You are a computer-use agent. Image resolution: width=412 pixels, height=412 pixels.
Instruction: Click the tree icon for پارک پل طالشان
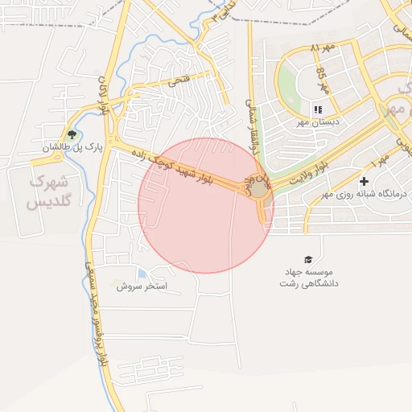click(72, 134)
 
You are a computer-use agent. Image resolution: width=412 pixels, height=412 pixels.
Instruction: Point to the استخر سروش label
click(141, 286)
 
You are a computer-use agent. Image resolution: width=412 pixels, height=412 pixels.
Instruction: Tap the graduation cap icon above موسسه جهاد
click(308, 259)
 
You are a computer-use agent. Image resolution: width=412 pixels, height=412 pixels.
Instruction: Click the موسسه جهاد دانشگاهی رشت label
click(310, 278)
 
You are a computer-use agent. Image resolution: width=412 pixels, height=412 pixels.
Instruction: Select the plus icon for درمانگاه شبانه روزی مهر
click(365, 182)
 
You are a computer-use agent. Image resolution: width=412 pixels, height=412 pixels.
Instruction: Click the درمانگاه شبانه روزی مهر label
click(365, 194)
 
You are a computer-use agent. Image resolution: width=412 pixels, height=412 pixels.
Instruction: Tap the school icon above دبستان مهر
click(319, 109)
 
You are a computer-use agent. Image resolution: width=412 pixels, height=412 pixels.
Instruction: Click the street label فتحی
click(178, 81)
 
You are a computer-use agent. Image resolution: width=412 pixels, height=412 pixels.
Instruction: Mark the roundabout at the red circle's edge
click(259, 190)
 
